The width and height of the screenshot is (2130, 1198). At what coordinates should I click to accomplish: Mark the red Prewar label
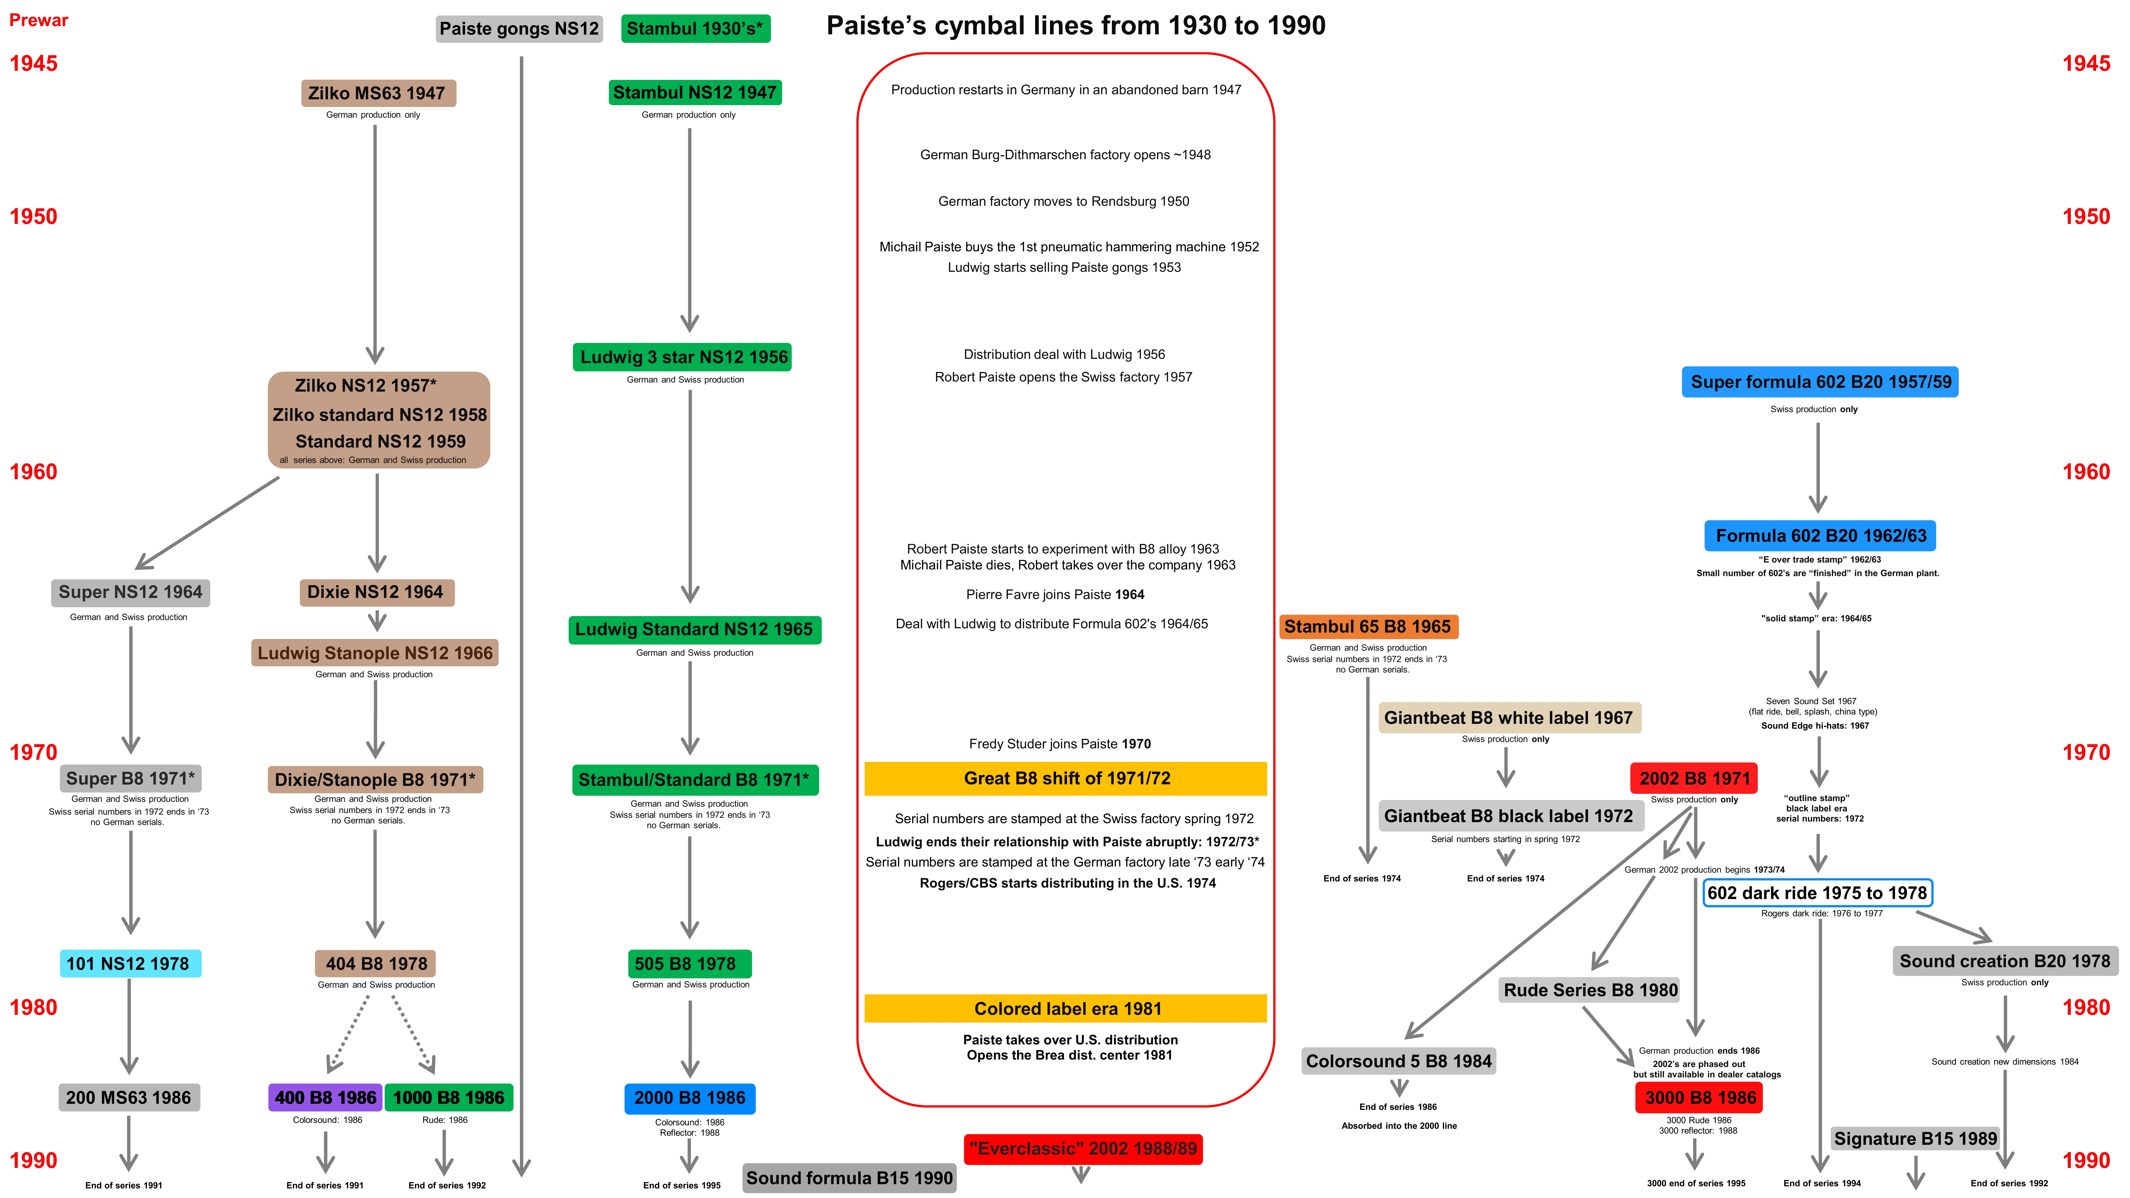coord(38,20)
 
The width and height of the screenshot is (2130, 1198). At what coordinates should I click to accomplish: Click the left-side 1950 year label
coord(33,217)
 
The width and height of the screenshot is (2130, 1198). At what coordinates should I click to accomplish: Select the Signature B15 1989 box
coord(1915,1138)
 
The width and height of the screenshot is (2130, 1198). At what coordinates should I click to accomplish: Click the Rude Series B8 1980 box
coord(1590,990)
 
